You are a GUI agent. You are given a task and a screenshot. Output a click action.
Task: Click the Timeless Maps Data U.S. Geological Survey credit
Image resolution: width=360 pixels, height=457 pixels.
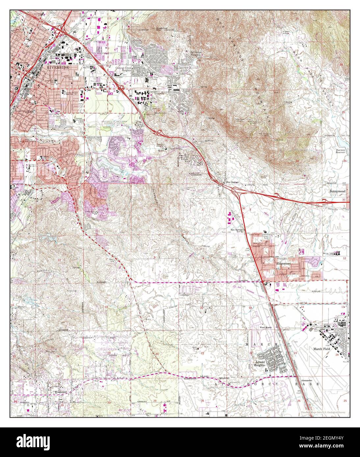[324, 413]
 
